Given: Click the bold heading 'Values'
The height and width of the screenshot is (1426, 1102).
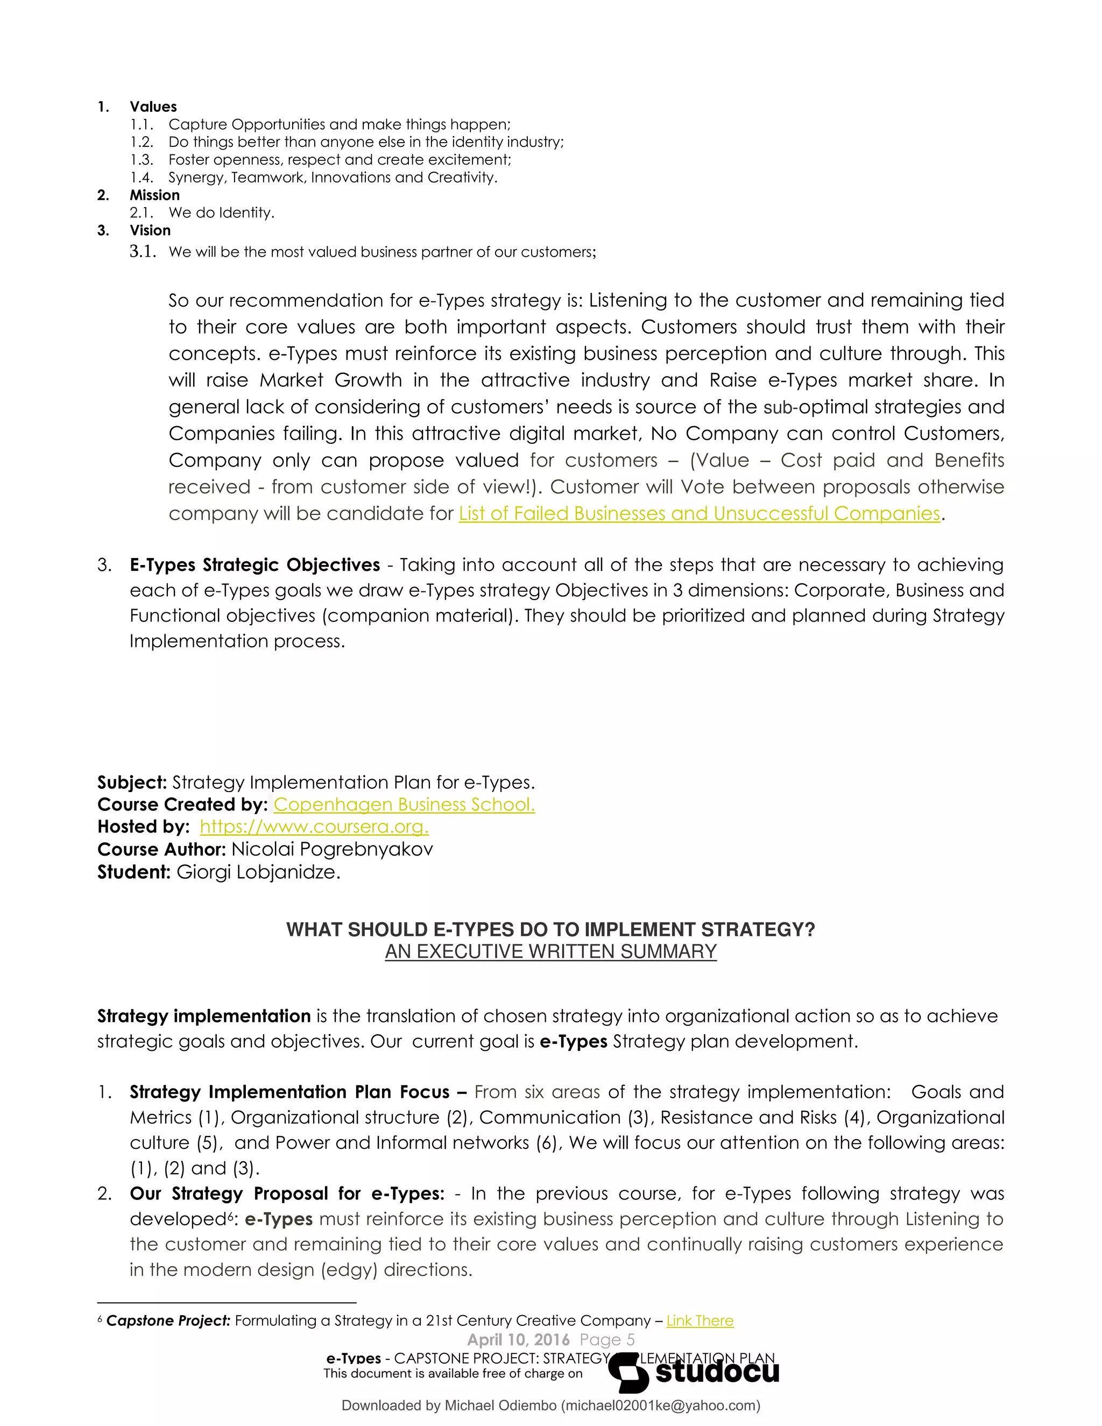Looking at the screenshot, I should tap(153, 107).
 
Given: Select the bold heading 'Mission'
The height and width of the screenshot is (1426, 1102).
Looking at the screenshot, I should tap(154, 195).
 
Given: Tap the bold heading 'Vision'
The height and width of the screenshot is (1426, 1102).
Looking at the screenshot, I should tap(150, 230).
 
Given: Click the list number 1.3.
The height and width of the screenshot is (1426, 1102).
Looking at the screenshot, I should tap(141, 159).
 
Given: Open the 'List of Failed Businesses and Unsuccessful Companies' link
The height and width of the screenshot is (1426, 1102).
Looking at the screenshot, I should tap(699, 513).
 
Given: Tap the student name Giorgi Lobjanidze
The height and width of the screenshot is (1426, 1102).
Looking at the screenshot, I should tap(258, 872).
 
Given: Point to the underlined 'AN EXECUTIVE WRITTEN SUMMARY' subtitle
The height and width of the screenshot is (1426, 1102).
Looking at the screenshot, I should tap(550, 951).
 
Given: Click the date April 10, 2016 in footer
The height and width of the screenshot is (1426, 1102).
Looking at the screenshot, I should tap(518, 1340).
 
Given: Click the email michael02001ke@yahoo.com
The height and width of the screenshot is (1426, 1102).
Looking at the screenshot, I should tap(661, 1405).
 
